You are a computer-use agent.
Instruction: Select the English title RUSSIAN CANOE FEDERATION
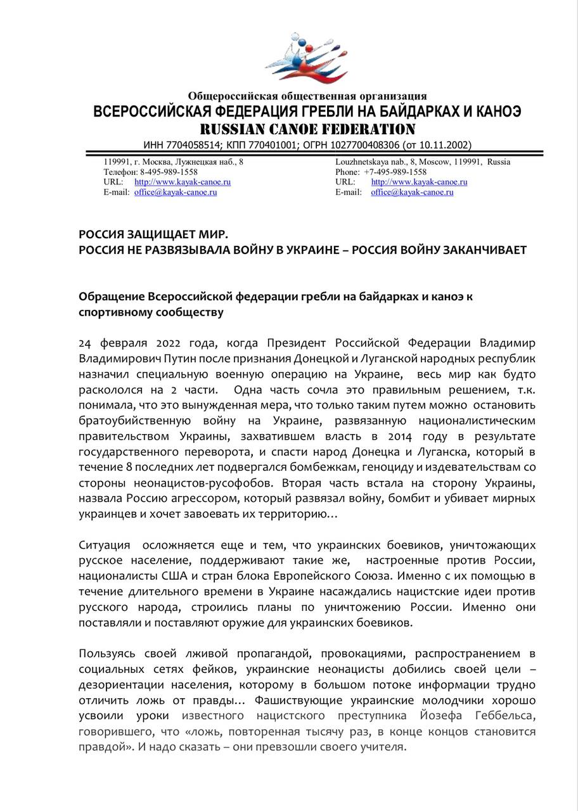pos(308,130)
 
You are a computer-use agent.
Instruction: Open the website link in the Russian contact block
pos(183,182)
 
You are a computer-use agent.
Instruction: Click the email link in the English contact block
pos(412,192)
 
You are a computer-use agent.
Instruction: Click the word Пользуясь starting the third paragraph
pos(106,653)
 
